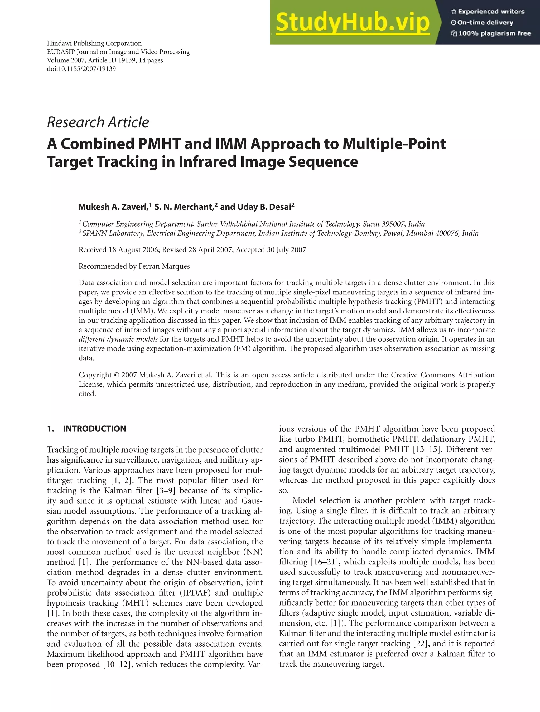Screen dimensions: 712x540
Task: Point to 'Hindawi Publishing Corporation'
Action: pos(94,43)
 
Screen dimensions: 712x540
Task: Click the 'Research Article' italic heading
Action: pos(98,122)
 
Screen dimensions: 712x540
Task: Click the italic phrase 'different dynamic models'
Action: pos(118,339)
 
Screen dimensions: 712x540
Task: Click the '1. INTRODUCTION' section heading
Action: pos(86,429)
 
